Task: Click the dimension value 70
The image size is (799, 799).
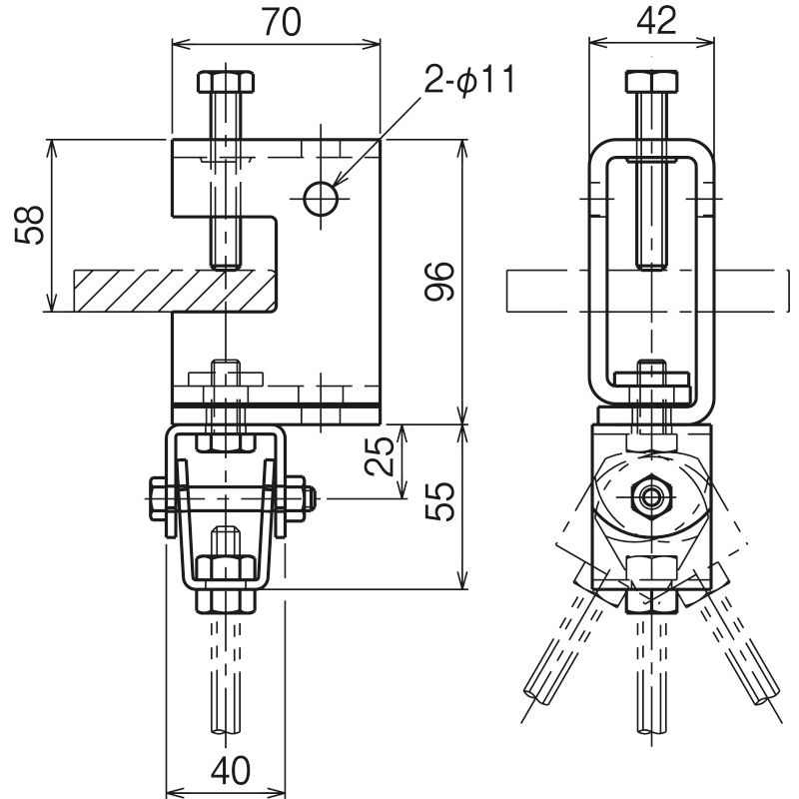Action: tap(282, 22)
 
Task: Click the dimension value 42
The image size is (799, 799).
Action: tap(656, 21)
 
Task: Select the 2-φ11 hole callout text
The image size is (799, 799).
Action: tap(468, 79)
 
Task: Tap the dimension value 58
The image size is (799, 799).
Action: tap(30, 225)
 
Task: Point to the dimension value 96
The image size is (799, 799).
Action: tap(439, 281)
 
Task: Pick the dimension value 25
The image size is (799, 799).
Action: tap(380, 456)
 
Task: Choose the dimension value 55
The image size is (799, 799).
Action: tap(439, 501)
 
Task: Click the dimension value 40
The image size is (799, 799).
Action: tap(231, 770)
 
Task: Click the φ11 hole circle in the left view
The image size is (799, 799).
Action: tap(321, 198)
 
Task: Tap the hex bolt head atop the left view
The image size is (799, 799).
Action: tap(226, 82)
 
